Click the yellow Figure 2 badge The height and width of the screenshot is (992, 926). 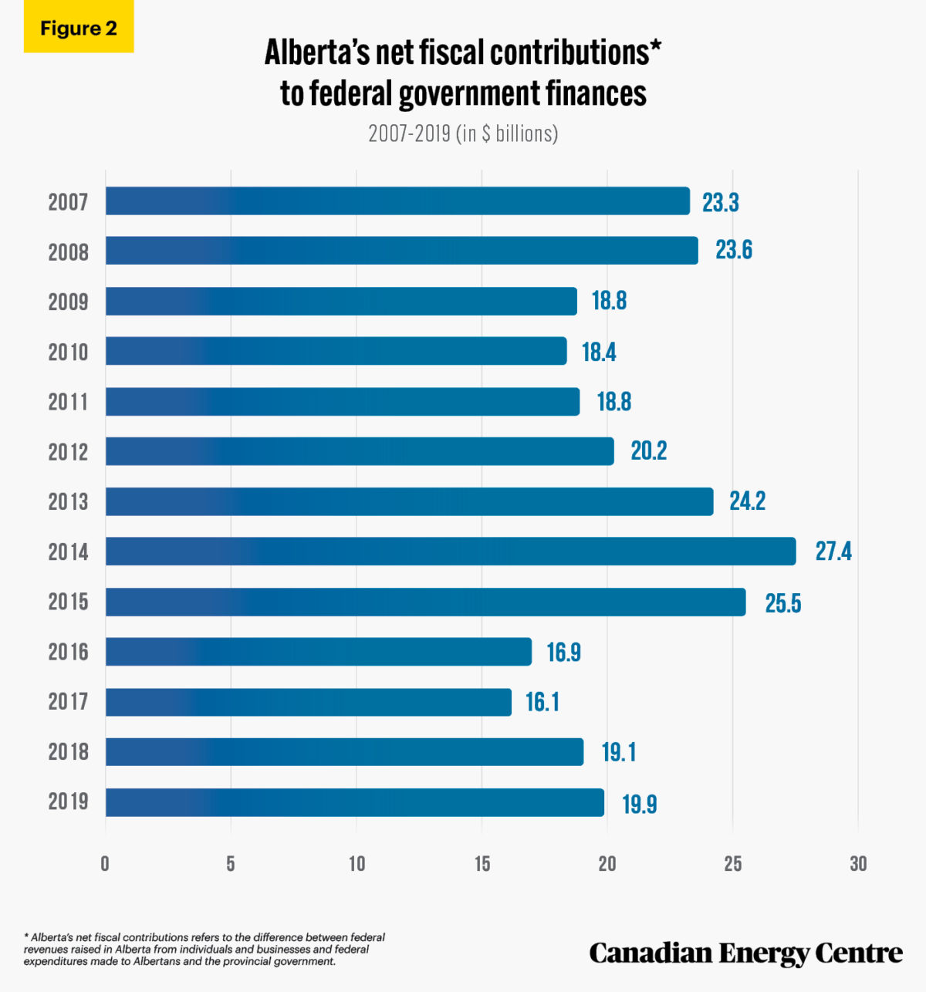pyautogui.click(x=78, y=29)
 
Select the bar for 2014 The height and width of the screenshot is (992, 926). pyautogui.click(x=451, y=552)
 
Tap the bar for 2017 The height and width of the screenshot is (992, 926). pyautogui.click(x=309, y=702)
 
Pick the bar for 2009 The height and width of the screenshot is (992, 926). pyautogui.click(x=341, y=301)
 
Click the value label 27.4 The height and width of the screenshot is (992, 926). pyautogui.click(x=833, y=552)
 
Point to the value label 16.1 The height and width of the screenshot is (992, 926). pyautogui.click(x=542, y=702)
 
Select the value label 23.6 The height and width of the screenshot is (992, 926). pyautogui.click(x=733, y=251)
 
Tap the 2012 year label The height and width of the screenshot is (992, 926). pyautogui.click(x=68, y=452)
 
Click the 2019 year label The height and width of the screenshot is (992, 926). pyautogui.click(x=68, y=801)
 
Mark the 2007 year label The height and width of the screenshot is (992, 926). pyautogui.click(x=68, y=202)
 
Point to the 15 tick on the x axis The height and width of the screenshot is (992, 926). pyautogui.click(x=482, y=864)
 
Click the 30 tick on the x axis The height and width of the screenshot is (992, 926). pyautogui.click(x=858, y=864)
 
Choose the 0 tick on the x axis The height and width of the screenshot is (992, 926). pyautogui.click(x=105, y=864)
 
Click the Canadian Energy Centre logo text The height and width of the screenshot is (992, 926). pyautogui.click(x=745, y=953)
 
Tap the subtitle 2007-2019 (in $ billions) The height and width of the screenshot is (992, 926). pyautogui.click(x=463, y=133)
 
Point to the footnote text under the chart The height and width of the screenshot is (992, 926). pyautogui.click(x=204, y=950)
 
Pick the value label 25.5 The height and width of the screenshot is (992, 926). pyautogui.click(x=782, y=602)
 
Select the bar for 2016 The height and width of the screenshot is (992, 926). pyautogui.click(x=319, y=652)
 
